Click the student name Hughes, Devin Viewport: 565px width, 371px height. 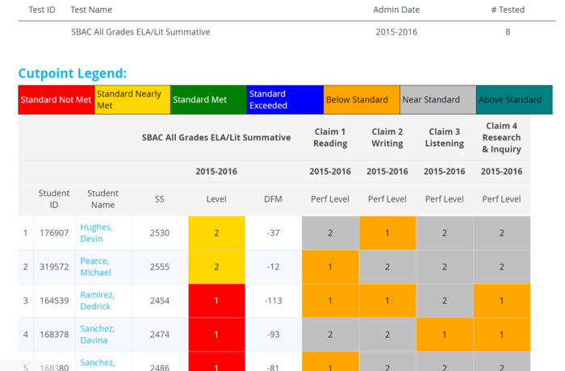(x=96, y=232)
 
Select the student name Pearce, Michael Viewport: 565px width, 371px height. (x=95, y=266)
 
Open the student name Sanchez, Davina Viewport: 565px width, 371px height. (x=98, y=334)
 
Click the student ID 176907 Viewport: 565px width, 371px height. (x=54, y=233)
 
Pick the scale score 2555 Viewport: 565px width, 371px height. (x=160, y=267)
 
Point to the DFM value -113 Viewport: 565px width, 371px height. (x=273, y=301)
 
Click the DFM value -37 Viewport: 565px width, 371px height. (x=273, y=233)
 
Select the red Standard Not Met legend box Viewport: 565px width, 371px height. (x=56, y=100)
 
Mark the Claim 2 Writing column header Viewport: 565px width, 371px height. (x=387, y=138)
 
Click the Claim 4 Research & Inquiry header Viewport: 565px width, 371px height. (x=501, y=137)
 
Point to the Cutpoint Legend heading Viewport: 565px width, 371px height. (x=73, y=73)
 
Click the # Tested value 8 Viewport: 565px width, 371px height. (x=508, y=32)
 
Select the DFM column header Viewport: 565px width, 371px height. (x=273, y=199)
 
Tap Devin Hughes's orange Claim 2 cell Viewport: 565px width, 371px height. (x=387, y=233)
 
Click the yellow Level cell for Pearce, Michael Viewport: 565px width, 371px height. (x=216, y=267)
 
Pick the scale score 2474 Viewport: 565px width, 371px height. (x=160, y=335)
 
